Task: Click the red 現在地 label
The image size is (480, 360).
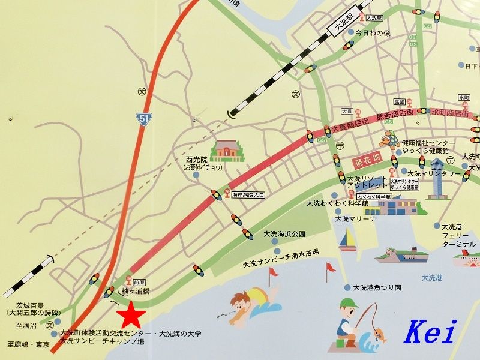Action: click(368, 160)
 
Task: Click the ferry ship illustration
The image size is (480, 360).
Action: click(402, 254)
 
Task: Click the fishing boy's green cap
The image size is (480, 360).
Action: click(347, 303)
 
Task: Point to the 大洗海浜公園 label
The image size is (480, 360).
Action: click(284, 234)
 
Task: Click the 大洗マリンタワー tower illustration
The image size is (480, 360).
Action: click(437, 178)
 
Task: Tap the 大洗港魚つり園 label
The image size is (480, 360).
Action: click(377, 288)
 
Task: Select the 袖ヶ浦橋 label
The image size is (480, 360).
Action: click(134, 291)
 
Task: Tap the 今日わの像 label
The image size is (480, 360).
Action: click(373, 33)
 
